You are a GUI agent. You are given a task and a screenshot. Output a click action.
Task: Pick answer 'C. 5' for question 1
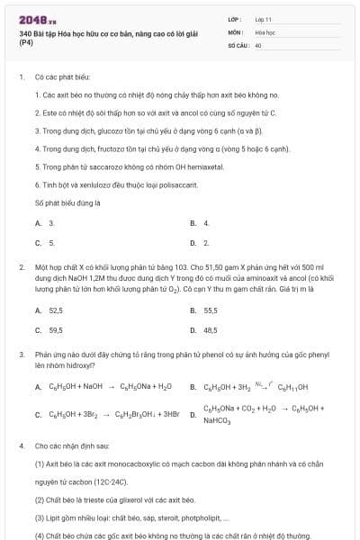coord(45,242)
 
